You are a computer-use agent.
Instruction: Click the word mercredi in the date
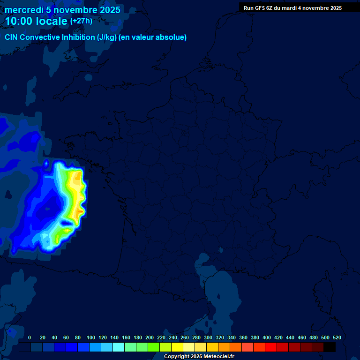tap(24, 10)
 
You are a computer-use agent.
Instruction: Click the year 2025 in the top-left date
tap(107, 10)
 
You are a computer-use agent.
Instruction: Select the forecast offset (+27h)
tap(81, 21)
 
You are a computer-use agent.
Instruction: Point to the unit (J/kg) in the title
tap(107, 37)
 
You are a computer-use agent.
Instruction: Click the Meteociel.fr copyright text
tap(199, 357)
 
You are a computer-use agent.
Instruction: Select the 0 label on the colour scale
tap(30, 337)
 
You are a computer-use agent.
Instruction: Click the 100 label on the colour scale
tap(90, 337)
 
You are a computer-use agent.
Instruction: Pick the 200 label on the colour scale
tap(149, 337)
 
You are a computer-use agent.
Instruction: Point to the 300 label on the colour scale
tap(208, 337)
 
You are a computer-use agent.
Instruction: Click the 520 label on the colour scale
tap(337, 337)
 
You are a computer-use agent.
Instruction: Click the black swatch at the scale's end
tap(330, 347)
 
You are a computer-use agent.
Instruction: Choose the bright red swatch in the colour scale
tap(271, 347)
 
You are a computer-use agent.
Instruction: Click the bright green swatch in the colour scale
tap(154, 347)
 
